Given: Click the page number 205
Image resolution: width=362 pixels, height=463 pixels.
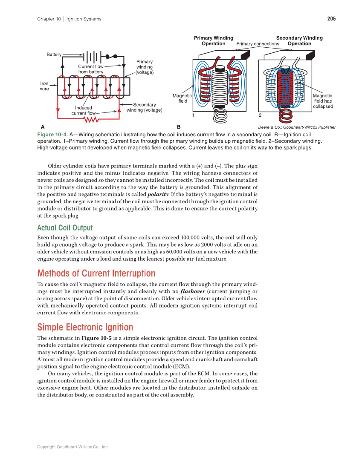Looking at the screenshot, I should pos(331,19).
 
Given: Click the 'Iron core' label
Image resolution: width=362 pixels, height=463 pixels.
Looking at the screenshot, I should pos(44,86).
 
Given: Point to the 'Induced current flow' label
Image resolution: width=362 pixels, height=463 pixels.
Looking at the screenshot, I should pos(84,111).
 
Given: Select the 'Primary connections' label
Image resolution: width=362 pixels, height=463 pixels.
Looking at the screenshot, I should pos(258,44).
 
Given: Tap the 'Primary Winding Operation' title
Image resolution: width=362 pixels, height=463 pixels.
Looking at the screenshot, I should pos(214,41).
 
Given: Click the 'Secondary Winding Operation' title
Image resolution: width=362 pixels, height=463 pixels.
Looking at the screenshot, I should pos(299,41).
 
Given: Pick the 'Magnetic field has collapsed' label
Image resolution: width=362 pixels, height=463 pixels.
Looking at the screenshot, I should pos(323,101).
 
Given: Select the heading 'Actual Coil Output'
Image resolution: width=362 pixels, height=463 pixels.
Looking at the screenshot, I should pos(65,227).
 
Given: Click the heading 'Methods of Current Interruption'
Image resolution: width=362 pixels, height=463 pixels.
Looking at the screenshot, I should pos(96,273).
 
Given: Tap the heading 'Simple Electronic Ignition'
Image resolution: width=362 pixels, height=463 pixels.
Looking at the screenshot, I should pos(85,327).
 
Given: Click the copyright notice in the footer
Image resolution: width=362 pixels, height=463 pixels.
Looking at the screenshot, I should pos(73,447).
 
